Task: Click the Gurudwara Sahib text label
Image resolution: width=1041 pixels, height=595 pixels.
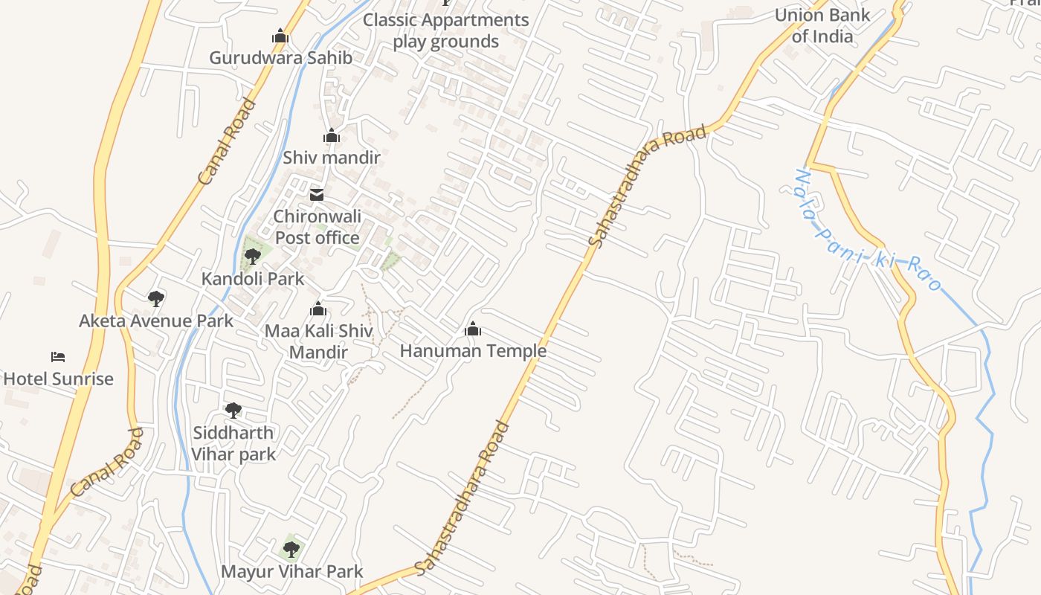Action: (x=280, y=57)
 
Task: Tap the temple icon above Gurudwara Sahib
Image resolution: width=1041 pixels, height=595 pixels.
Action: (x=280, y=36)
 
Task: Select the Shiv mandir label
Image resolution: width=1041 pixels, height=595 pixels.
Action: (x=331, y=158)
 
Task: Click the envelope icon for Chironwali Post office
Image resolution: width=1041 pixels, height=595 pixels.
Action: (x=317, y=195)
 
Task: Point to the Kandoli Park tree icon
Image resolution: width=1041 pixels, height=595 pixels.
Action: (x=252, y=257)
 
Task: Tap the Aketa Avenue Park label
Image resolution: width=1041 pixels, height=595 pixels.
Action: (x=156, y=321)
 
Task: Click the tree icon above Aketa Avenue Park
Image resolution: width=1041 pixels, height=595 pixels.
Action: (x=156, y=299)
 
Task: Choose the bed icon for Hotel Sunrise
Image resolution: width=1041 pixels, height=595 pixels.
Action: (x=58, y=357)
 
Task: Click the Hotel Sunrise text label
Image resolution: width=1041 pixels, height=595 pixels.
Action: (x=59, y=379)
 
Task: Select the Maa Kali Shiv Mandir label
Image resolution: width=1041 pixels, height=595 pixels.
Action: (x=318, y=341)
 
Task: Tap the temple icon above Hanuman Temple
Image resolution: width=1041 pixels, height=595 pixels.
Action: (x=473, y=329)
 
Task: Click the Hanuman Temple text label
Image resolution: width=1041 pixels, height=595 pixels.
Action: (x=473, y=350)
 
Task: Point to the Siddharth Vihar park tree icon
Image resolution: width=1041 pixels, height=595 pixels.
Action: (x=233, y=410)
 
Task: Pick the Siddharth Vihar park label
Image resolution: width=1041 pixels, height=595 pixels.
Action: (x=233, y=443)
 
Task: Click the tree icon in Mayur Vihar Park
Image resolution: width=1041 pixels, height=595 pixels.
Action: (x=291, y=550)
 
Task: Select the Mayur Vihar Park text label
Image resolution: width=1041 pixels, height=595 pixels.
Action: (x=291, y=571)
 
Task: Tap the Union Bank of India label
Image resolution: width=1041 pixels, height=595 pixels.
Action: (x=822, y=25)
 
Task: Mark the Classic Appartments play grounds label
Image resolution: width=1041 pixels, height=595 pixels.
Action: (x=446, y=30)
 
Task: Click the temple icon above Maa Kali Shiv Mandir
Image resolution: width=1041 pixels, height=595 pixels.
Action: (x=318, y=309)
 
